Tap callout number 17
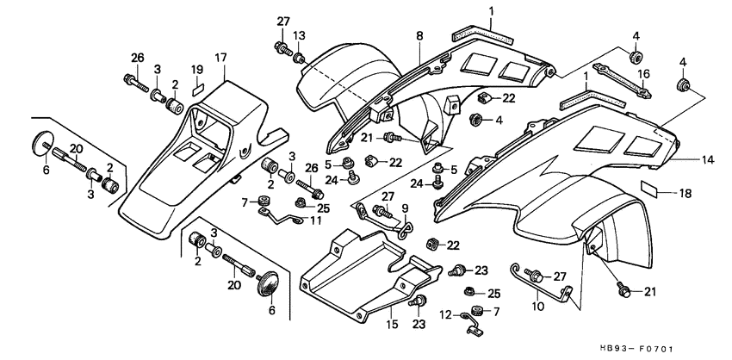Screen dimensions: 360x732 pyautogui.click(x=220, y=58)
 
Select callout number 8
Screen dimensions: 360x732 pyautogui.click(x=419, y=35)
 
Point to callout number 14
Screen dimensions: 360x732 pyautogui.click(x=685, y=159)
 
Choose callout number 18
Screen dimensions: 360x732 pyautogui.click(x=685, y=194)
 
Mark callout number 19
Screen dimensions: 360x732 pyautogui.click(x=196, y=69)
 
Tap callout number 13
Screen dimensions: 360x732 pyautogui.click(x=300, y=35)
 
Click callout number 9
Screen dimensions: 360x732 pyautogui.click(x=406, y=208)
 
